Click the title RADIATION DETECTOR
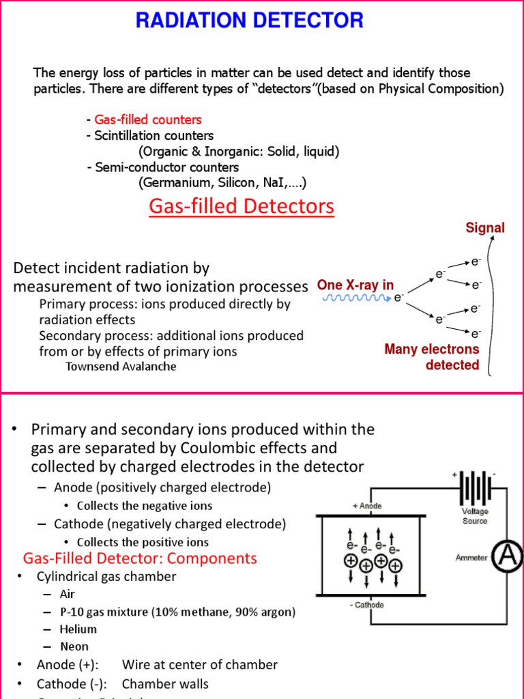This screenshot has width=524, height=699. pos(249,21)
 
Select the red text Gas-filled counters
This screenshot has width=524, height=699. pos(148,119)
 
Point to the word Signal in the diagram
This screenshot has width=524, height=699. pos(485,228)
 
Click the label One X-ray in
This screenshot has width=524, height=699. pos(355,285)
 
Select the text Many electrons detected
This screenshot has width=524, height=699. pos(431,357)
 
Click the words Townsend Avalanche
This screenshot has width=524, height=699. pos(121,367)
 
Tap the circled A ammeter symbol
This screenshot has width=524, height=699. pos(508,557)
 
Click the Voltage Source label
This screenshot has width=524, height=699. pos(475,515)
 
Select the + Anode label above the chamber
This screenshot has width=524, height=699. pos(367,506)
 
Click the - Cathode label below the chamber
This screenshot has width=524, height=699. pos(367,605)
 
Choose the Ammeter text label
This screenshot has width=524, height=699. pos(471,558)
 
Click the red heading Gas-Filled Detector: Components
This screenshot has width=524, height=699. pos(140,558)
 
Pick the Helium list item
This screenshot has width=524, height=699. pos(78,629)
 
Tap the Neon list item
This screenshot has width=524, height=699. pos(74,646)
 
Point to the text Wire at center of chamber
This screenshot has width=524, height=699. pos(200,665)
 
